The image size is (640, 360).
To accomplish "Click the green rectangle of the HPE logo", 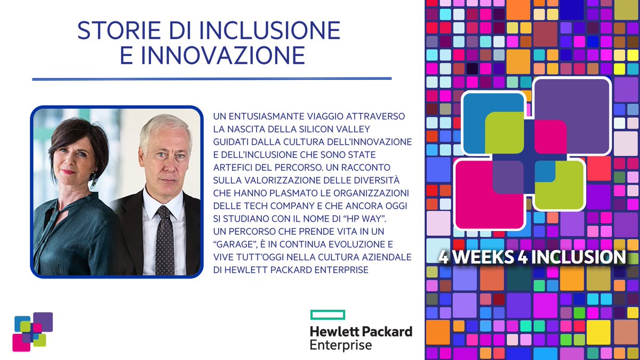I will [x=327, y=314].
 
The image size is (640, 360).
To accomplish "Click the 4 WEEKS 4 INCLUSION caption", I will [x=531, y=257].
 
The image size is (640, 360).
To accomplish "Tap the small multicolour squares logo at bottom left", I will [x=33, y=331].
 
